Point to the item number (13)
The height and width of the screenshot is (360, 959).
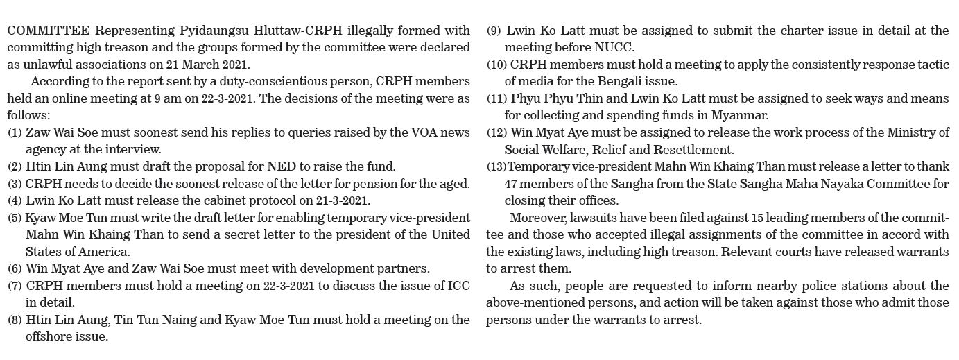point(496,167)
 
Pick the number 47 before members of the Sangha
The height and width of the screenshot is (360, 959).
point(512,184)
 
